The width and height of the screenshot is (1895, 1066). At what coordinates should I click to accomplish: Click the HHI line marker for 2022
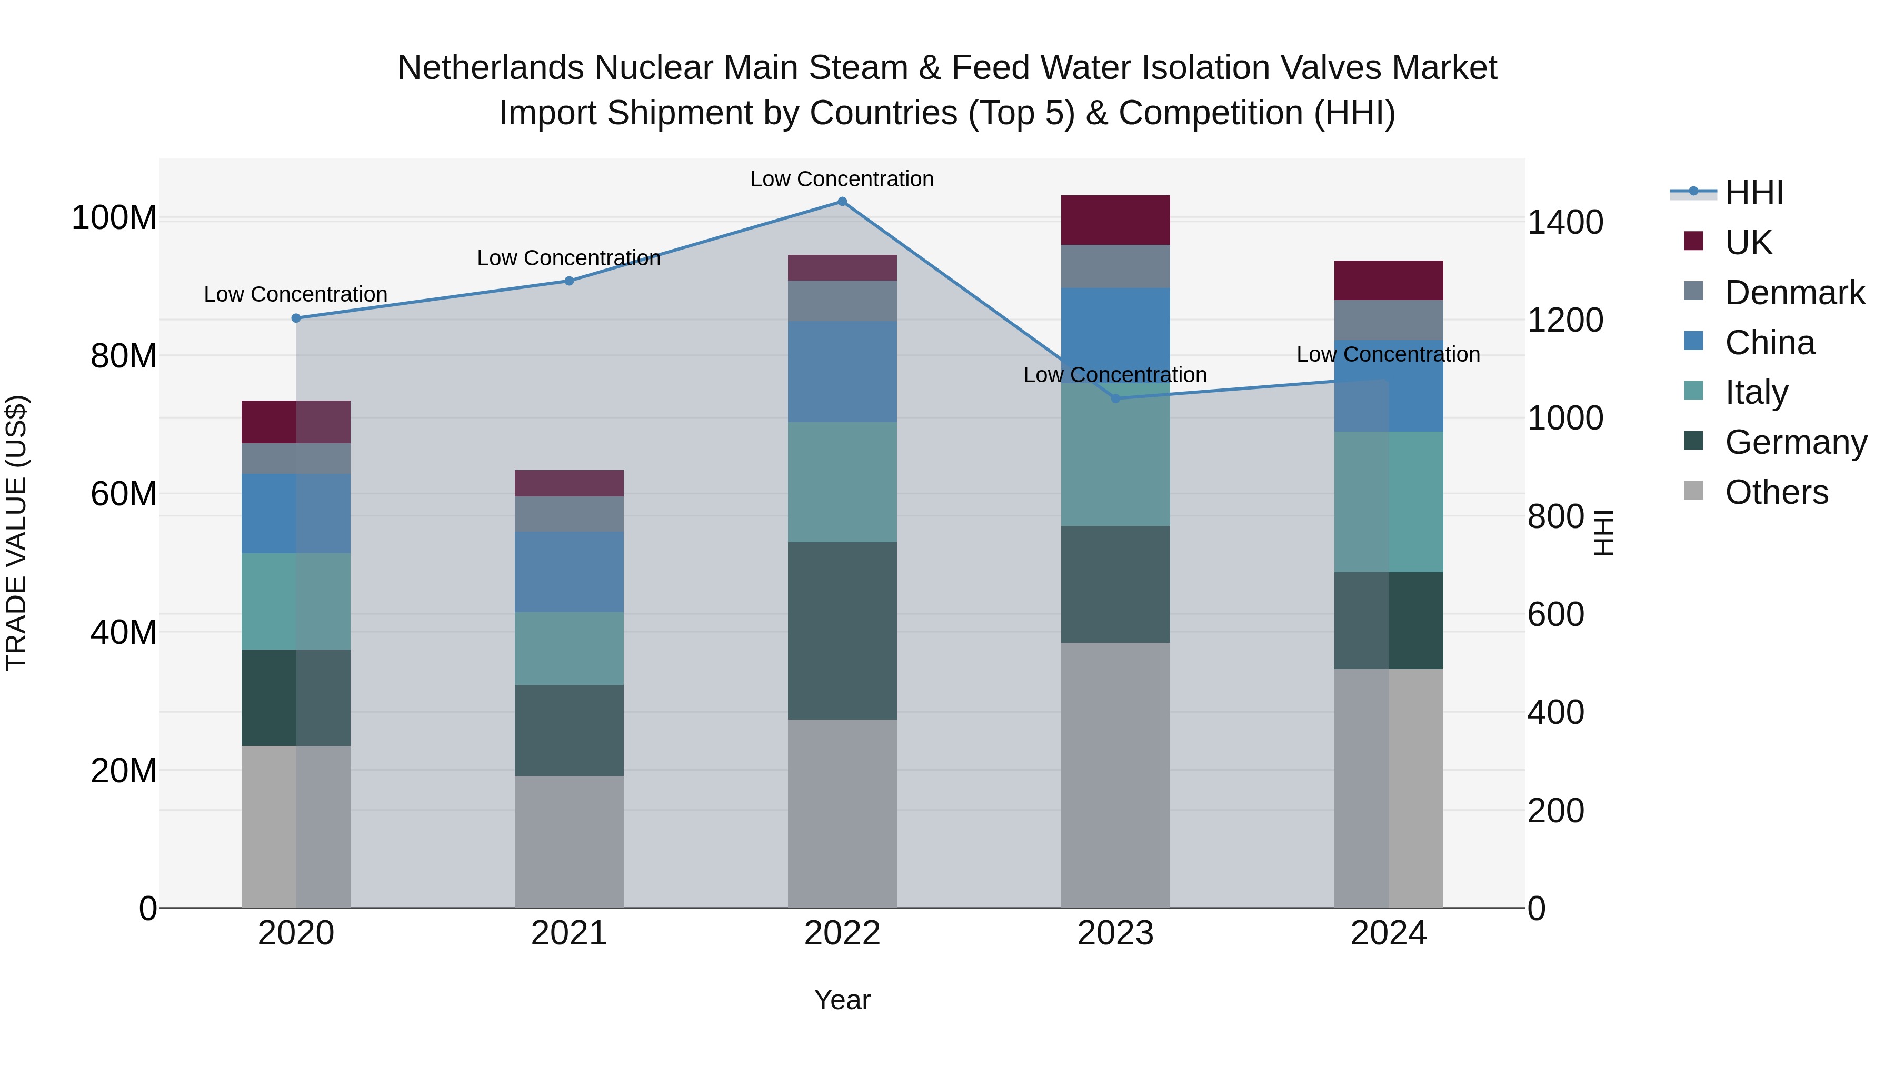(x=842, y=202)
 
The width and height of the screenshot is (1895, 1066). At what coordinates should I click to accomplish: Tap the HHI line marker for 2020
(x=296, y=318)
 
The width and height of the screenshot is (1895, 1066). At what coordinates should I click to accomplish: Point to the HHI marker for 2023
(x=1115, y=398)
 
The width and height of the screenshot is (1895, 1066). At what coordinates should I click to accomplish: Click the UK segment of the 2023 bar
(x=1115, y=220)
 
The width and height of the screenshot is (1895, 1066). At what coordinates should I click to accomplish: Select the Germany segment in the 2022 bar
(x=842, y=631)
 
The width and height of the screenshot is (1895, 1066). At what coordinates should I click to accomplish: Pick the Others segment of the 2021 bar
(x=568, y=842)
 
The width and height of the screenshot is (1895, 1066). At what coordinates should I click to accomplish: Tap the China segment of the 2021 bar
(x=568, y=572)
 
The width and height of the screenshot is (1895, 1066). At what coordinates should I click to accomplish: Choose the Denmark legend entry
(x=1794, y=293)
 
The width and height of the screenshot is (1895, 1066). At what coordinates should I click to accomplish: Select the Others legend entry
(x=1776, y=492)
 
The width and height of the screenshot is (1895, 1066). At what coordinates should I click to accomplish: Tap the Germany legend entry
(x=1796, y=442)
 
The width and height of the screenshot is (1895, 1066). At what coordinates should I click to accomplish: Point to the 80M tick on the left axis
(x=124, y=356)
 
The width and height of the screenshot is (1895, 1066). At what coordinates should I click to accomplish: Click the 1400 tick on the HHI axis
(x=1565, y=222)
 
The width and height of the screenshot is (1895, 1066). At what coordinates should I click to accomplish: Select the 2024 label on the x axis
(x=1388, y=933)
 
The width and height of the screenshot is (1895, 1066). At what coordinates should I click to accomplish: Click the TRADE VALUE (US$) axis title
(x=16, y=533)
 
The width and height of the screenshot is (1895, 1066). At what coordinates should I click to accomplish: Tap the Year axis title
(x=842, y=1000)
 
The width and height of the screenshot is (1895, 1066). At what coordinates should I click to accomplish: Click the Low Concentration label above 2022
(x=842, y=179)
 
